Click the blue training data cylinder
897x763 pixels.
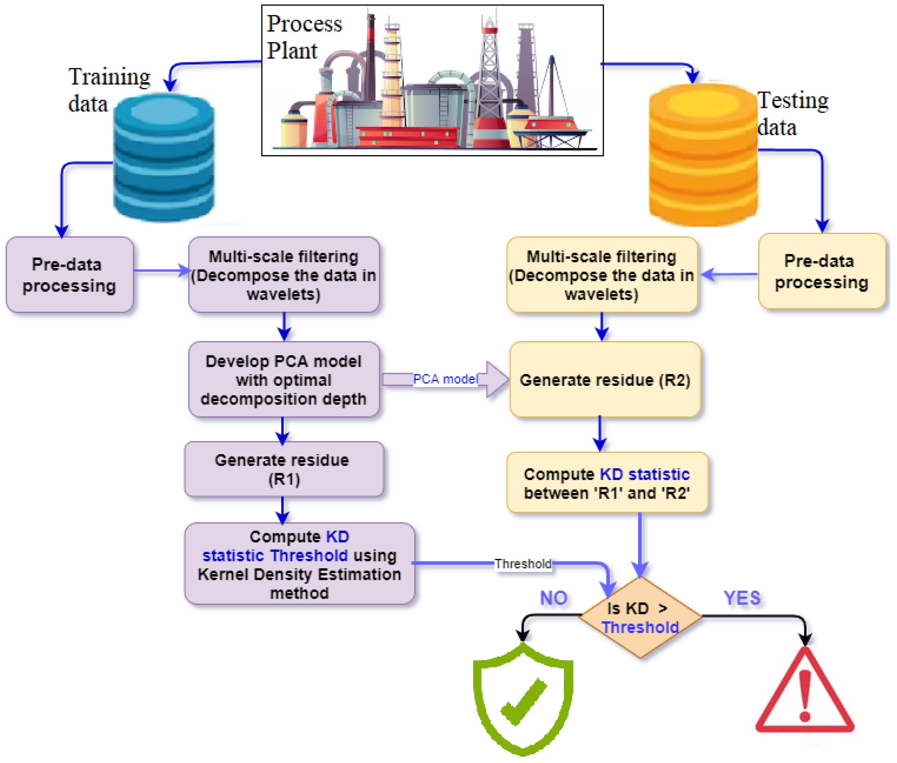click(163, 158)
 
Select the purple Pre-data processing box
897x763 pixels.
click(69, 275)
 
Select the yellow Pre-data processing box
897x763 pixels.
click(821, 272)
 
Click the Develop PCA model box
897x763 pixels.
click(283, 380)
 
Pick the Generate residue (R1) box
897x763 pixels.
click(283, 469)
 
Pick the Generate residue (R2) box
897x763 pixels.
click(605, 380)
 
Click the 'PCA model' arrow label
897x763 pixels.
click(445, 379)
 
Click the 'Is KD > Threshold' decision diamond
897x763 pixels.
click(640, 617)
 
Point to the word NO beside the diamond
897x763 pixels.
click(553, 598)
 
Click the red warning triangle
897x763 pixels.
click(804, 694)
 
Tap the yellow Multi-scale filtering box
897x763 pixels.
click(601, 275)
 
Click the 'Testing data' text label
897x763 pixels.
click(792, 113)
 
